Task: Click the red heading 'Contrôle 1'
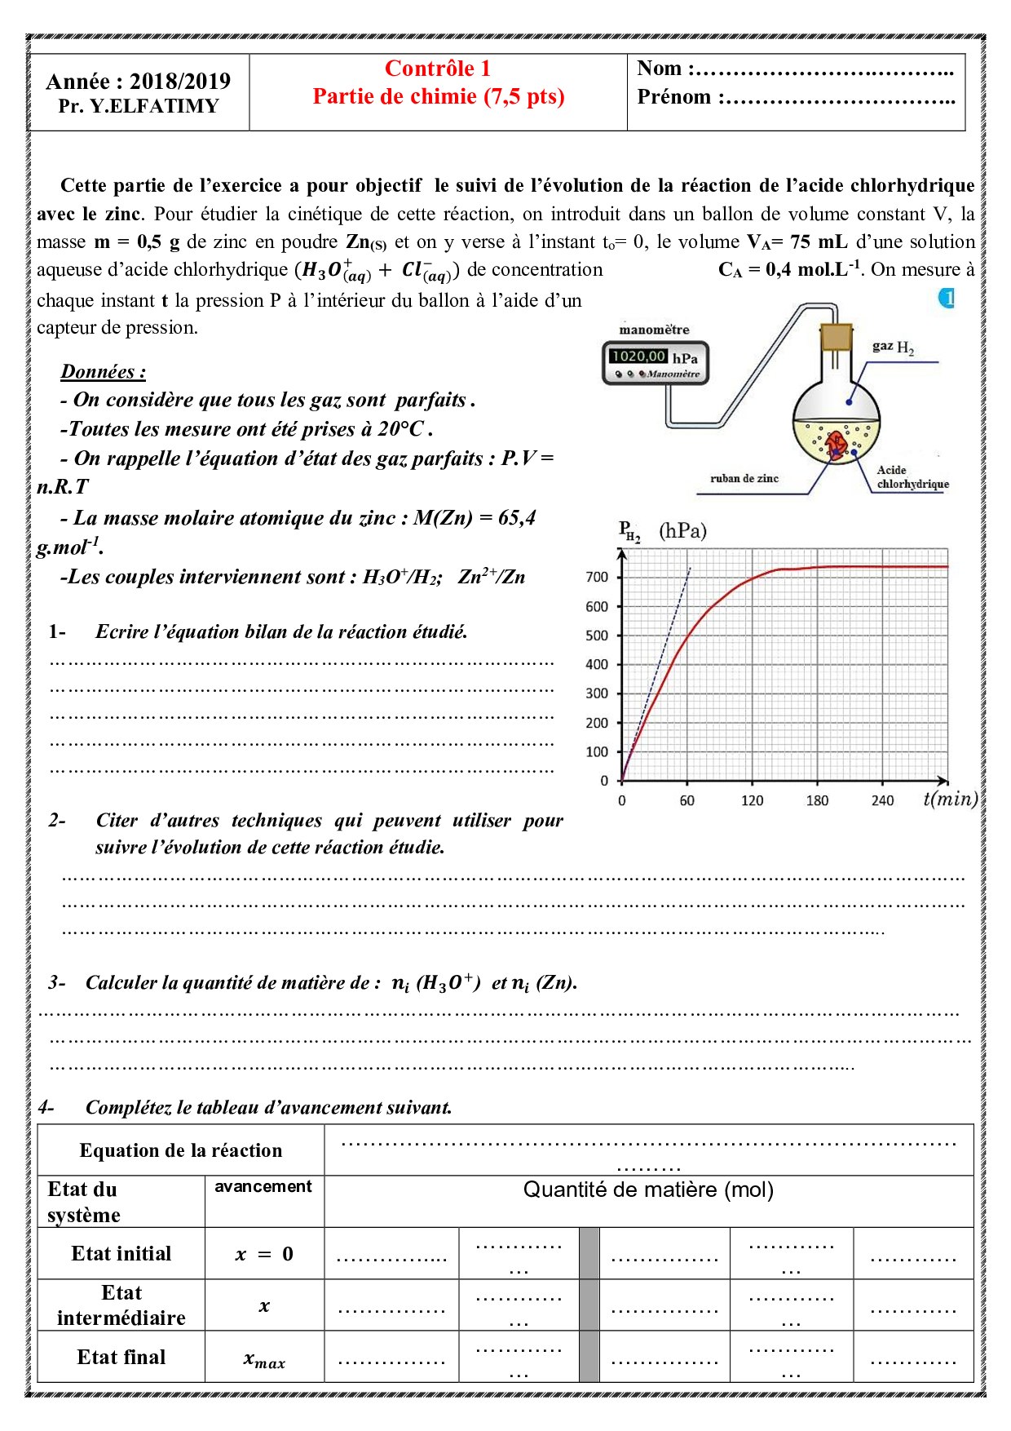(x=438, y=69)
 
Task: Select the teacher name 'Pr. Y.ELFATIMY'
(x=139, y=106)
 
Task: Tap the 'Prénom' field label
(x=674, y=97)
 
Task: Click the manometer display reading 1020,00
(x=638, y=356)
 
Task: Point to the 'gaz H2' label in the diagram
(x=893, y=347)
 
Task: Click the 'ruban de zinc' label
(x=744, y=478)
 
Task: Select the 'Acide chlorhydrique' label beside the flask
(x=912, y=477)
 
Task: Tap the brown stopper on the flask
(x=836, y=337)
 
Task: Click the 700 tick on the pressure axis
(x=597, y=577)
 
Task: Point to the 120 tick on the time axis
(x=752, y=800)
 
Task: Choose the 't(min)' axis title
(x=950, y=799)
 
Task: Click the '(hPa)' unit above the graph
(x=682, y=531)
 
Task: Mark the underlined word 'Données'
(x=103, y=372)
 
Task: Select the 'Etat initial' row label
(x=121, y=1253)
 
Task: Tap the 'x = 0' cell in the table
(x=264, y=1254)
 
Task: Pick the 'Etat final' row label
(x=121, y=1357)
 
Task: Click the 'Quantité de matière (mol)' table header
(x=648, y=1190)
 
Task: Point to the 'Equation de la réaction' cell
(x=181, y=1150)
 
